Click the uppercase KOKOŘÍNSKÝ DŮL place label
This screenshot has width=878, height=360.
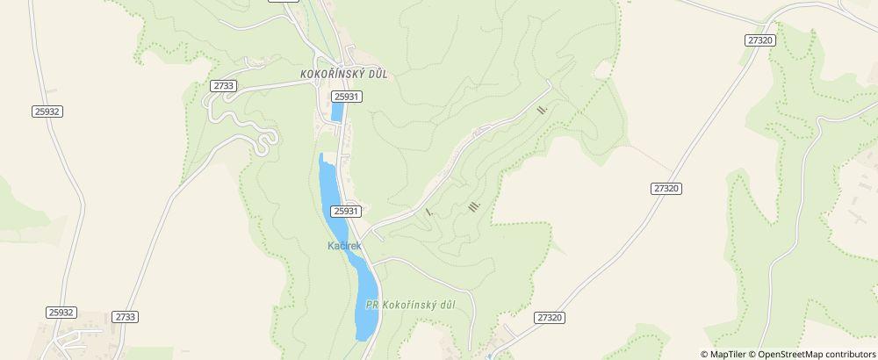click(x=343, y=75)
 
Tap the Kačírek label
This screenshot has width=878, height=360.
click(x=344, y=246)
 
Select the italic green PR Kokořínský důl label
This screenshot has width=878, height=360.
click(x=410, y=305)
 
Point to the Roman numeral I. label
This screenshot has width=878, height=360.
click(x=428, y=212)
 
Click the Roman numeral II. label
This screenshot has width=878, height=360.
click(x=542, y=110)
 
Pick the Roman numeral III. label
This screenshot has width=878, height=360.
click(x=475, y=206)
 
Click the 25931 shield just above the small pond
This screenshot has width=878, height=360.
click(x=346, y=96)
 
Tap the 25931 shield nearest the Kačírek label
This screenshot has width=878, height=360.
click(x=346, y=211)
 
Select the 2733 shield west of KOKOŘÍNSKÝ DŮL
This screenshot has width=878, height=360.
click(x=223, y=85)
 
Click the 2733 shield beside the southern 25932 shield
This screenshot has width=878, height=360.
click(x=126, y=317)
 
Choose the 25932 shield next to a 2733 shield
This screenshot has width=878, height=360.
click(x=61, y=312)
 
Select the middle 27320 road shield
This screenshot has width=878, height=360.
click(x=667, y=189)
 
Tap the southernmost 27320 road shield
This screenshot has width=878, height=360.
click(x=548, y=317)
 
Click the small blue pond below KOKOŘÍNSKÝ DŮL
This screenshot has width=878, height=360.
click(x=336, y=113)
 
